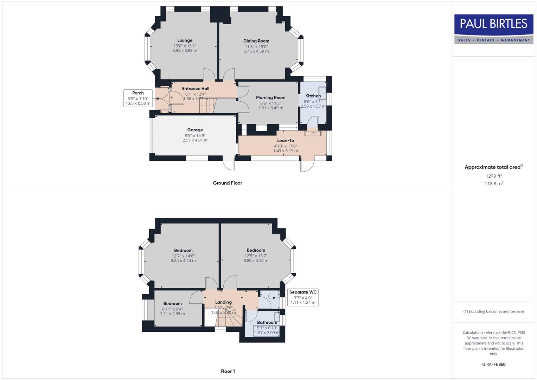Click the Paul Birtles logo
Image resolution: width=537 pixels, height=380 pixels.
[x=493, y=29]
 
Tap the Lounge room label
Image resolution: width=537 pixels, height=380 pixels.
[x=185, y=40]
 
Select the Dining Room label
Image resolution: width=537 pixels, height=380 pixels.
[x=256, y=41]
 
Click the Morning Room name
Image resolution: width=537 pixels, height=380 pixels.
[x=270, y=98]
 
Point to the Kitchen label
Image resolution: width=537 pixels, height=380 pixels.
[x=313, y=96]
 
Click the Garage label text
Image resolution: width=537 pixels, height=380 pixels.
[x=195, y=130]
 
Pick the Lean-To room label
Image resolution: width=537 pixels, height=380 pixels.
[x=285, y=141]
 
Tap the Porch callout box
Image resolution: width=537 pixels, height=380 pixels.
[x=138, y=98]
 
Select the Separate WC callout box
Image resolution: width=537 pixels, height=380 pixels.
[x=303, y=297]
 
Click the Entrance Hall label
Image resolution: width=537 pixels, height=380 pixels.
[x=196, y=89]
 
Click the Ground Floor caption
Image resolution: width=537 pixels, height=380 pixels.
[x=227, y=183]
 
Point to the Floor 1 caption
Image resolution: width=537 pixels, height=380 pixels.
[x=227, y=371]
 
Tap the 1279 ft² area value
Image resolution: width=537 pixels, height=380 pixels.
[x=494, y=176]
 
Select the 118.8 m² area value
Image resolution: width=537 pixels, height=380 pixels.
[x=494, y=184]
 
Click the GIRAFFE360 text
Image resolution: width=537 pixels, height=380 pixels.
[x=494, y=365]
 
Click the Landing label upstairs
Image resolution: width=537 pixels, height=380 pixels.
[x=223, y=302]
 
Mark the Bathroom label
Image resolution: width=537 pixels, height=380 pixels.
[x=267, y=322]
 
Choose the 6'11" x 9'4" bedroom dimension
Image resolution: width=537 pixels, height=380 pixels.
[x=172, y=309]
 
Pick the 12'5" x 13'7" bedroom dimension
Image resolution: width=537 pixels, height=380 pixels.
[x=256, y=256]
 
